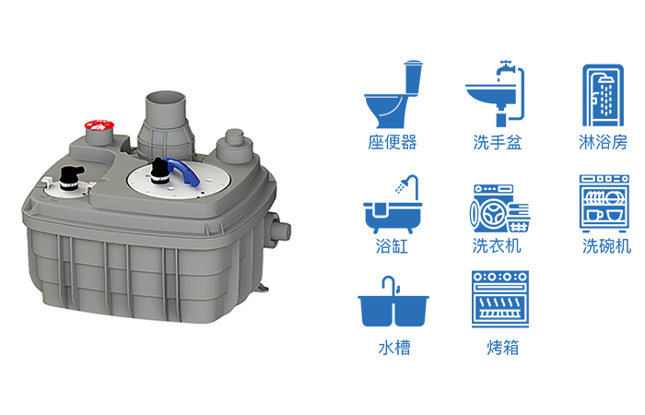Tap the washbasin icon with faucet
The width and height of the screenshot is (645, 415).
click(x=495, y=93)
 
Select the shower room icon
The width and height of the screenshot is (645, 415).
click(x=603, y=95)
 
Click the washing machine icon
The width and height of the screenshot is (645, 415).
click(x=499, y=208)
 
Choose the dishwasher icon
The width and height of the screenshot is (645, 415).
click(x=604, y=204)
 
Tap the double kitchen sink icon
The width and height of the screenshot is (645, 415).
click(x=393, y=302)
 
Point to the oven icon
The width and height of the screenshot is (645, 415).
click(x=500, y=299)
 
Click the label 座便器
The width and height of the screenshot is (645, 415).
click(x=393, y=142)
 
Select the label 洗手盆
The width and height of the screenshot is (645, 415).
click(x=498, y=142)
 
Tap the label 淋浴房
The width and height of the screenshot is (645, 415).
click(x=603, y=142)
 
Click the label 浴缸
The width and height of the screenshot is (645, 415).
click(x=392, y=246)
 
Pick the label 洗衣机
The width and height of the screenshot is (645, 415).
click(x=497, y=246)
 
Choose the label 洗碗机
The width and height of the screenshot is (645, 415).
click(x=606, y=246)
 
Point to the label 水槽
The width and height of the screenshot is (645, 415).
click(x=394, y=348)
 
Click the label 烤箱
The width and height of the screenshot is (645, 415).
click(x=503, y=348)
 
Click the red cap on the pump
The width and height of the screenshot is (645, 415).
click(x=100, y=125)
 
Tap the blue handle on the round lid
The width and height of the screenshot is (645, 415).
click(x=184, y=171)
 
